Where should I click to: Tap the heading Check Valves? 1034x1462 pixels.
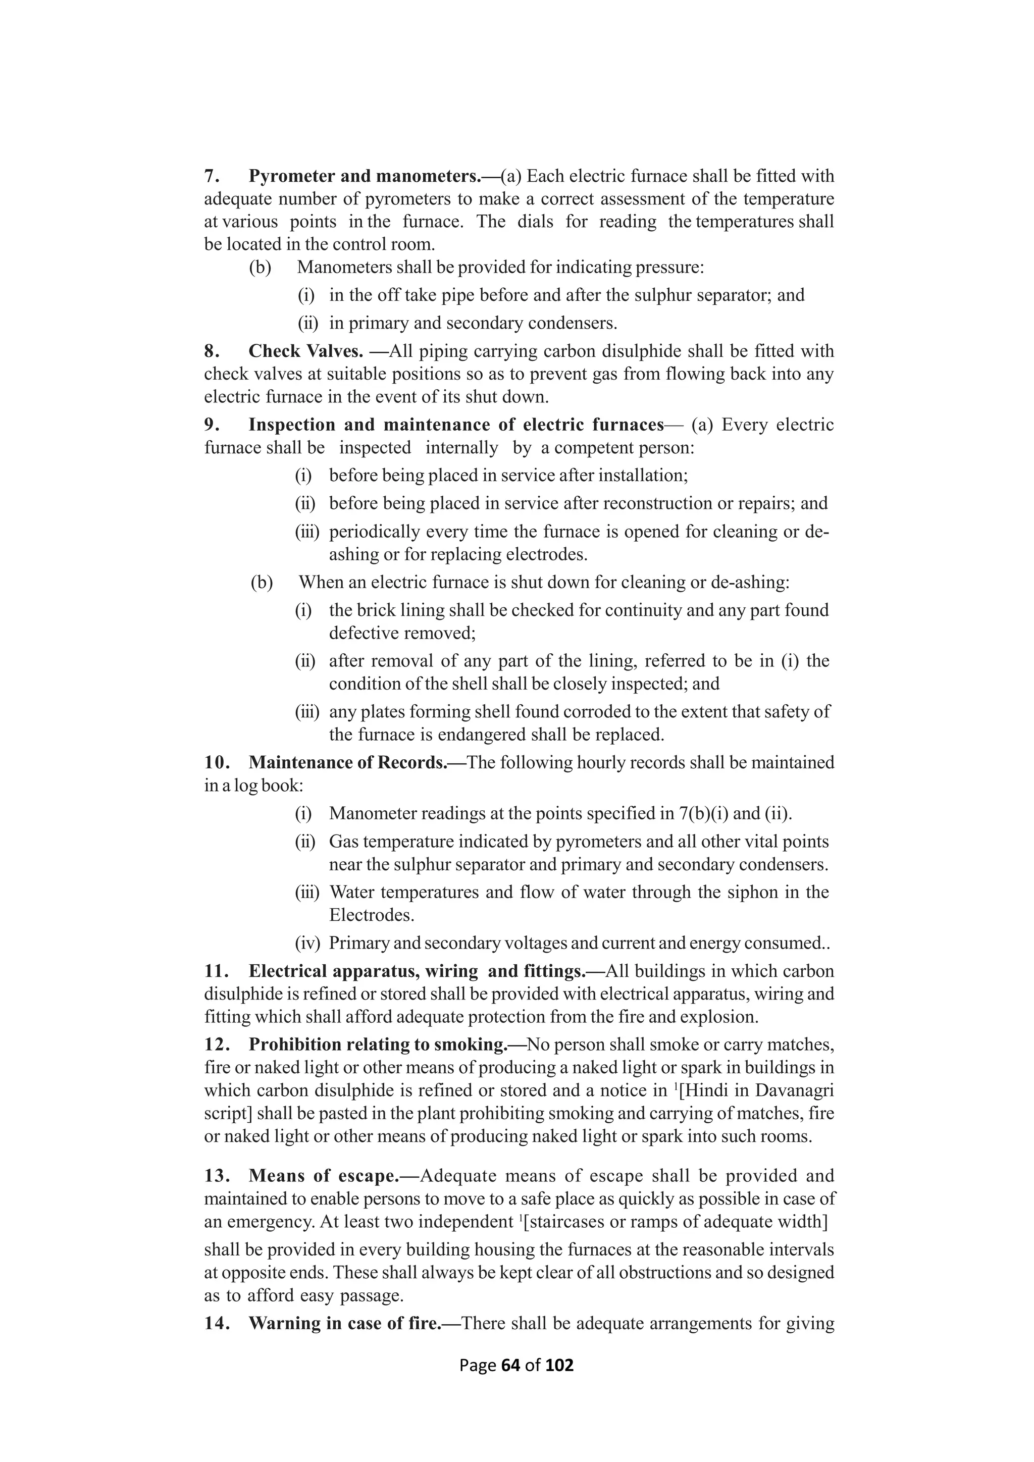click(x=305, y=351)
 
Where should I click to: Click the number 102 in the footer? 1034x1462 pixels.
click(x=559, y=1365)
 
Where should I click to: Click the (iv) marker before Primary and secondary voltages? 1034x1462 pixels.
click(x=307, y=943)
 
